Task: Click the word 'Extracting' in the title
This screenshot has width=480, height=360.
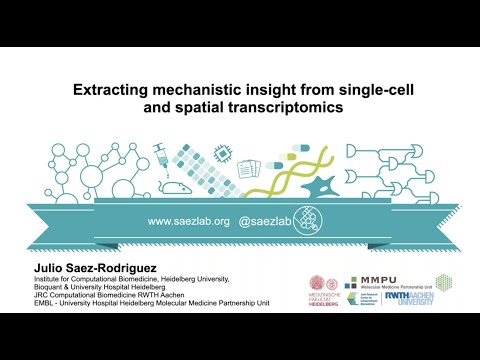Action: tap(111, 90)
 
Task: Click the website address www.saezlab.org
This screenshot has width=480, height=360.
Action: tap(189, 220)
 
